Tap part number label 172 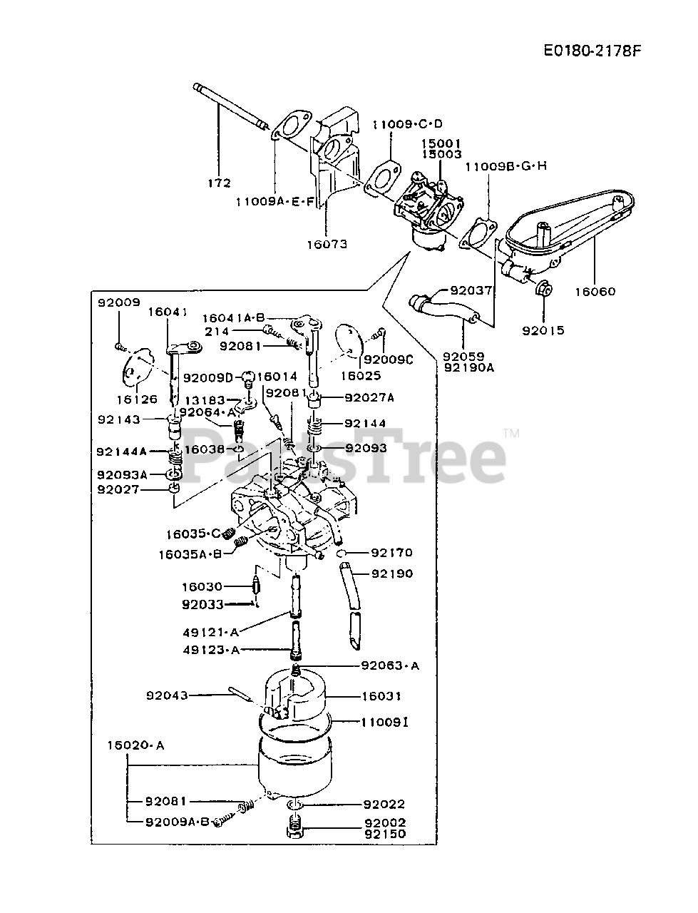pos(219,183)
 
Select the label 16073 pos(327,244)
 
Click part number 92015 pos(543,330)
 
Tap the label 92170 pos(392,552)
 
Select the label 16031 pos(381,695)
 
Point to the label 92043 pos(168,695)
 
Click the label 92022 pos(384,804)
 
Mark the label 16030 pos(202,586)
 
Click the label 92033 pos(202,604)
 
